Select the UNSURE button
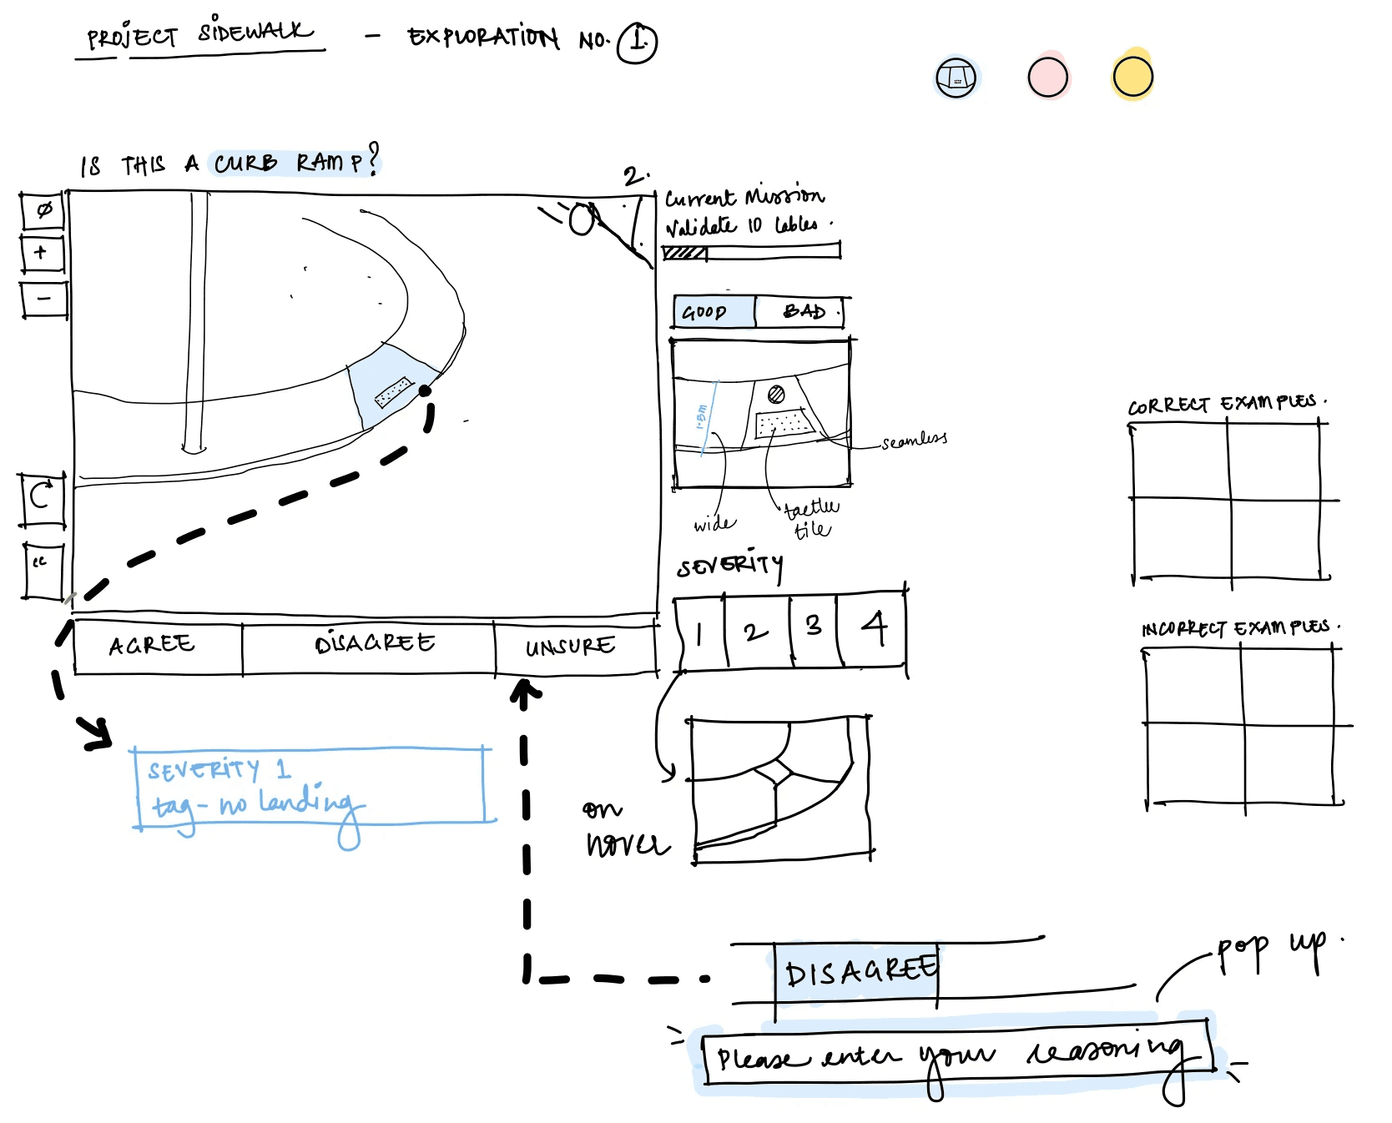coord(572,646)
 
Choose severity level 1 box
coord(699,632)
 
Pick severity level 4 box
coord(873,628)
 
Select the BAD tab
coord(802,312)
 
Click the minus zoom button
coord(43,299)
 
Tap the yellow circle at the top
coord(1132,77)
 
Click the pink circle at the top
coord(1047,78)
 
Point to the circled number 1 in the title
coord(638,42)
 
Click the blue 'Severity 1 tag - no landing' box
coord(309,786)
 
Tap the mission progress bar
coord(751,251)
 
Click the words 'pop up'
coord(1268,949)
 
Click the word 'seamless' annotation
coord(914,440)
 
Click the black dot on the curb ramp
coord(425,390)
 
